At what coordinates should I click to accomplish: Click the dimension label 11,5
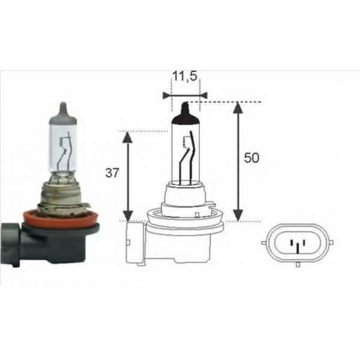point(185,77)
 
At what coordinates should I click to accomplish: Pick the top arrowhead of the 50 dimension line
point(238,107)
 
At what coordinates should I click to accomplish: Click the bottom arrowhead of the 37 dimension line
point(127,217)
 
